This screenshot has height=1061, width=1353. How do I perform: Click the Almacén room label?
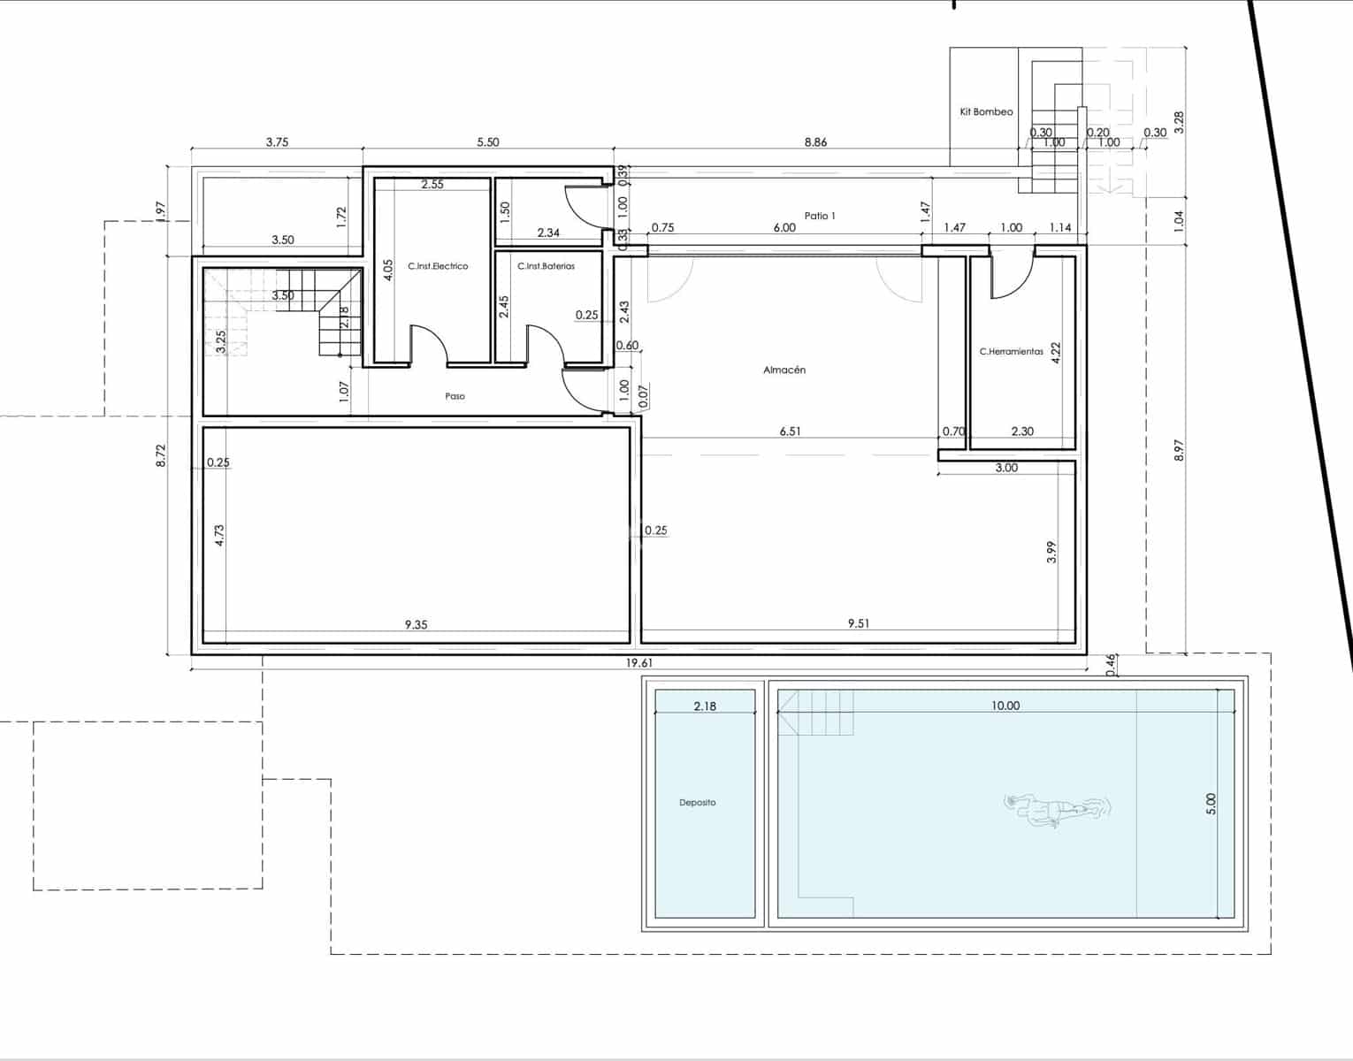[x=784, y=370]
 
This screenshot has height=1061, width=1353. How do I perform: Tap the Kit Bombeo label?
[x=986, y=112]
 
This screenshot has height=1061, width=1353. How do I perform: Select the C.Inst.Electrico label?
[x=438, y=266]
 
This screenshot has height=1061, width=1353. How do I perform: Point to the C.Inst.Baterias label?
[x=546, y=266]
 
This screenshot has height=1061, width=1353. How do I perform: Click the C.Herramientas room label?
[x=1011, y=352]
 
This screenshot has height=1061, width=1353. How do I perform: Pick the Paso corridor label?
[x=455, y=396]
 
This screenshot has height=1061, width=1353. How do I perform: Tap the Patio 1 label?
[x=820, y=216]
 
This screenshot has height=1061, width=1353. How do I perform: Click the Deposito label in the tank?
[x=697, y=803]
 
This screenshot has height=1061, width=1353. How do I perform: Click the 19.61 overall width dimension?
[x=638, y=662]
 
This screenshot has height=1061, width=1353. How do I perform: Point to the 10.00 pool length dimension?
[x=1005, y=706]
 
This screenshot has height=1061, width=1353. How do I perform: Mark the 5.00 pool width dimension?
[x=1212, y=803]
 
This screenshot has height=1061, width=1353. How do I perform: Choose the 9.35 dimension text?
[x=416, y=624]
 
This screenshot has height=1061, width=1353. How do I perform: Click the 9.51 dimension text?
[x=858, y=623]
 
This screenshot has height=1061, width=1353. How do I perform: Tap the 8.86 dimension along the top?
[x=815, y=142]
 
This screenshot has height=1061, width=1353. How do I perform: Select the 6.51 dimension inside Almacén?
[x=790, y=431]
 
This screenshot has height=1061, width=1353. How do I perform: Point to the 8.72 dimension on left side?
[x=160, y=455]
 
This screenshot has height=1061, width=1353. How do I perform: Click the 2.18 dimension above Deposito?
[x=705, y=706]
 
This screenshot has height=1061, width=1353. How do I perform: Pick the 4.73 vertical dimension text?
[x=219, y=535]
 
